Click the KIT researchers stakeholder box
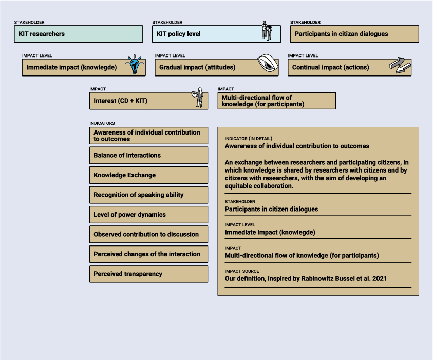pyautogui.click(x=78, y=34)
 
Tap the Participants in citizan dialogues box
pyautogui.click(x=354, y=34)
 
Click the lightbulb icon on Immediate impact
pyautogui.click(x=135, y=65)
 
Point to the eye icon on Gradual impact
pyautogui.click(x=268, y=64)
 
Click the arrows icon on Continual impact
pyautogui.click(x=400, y=65)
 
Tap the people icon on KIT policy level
pyautogui.click(x=266, y=31)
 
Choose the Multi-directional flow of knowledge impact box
pyautogui.click(x=276, y=101)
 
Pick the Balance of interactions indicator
pyautogui.click(x=148, y=155)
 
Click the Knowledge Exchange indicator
pyautogui.click(x=148, y=175)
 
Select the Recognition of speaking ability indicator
pyautogui.click(x=148, y=195)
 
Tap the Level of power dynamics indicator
pyautogui.click(x=148, y=215)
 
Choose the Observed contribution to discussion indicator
pyautogui.click(x=148, y=234)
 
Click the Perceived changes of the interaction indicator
pyautogui.click(x=148, y=254)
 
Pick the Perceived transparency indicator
pyautogui.click(x=148, y=274)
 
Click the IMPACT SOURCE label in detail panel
pyautogui.click(x=242, y=271)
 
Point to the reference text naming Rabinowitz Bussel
pyautogui.click(x=306, y=278)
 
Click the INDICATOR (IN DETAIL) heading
pyautogui.click(x=249, y=139)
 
